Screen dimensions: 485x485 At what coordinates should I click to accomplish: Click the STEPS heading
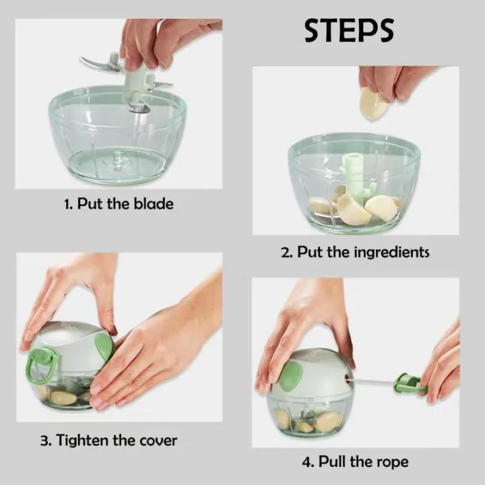(x=349, y=30)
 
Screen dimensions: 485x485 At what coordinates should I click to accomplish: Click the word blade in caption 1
(x=154, y=204)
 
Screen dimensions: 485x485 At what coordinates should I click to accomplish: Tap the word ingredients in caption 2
(x=391, y=252)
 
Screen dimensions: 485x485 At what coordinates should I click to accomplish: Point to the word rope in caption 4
(x=393, y=462)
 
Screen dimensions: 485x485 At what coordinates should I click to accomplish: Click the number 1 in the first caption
(x=68, y=205)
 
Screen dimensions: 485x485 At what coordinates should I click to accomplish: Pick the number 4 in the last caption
(x=307, y=462)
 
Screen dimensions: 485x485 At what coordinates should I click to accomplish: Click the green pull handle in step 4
(x=409, y=383)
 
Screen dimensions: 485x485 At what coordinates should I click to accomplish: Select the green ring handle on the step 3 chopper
(x=42, y=366)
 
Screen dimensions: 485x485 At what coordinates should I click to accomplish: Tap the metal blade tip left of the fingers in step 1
(x=82, y=59)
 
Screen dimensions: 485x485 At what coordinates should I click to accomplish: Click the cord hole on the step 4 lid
(x=348, y=377)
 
